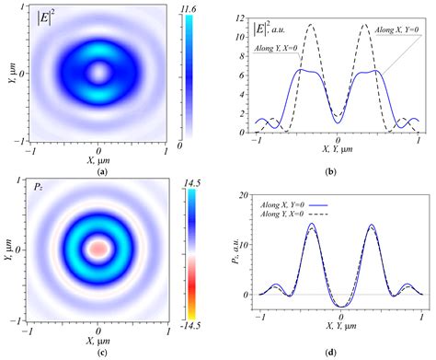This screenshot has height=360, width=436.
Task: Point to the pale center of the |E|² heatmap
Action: pyautogui.click(x=98, y=72)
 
